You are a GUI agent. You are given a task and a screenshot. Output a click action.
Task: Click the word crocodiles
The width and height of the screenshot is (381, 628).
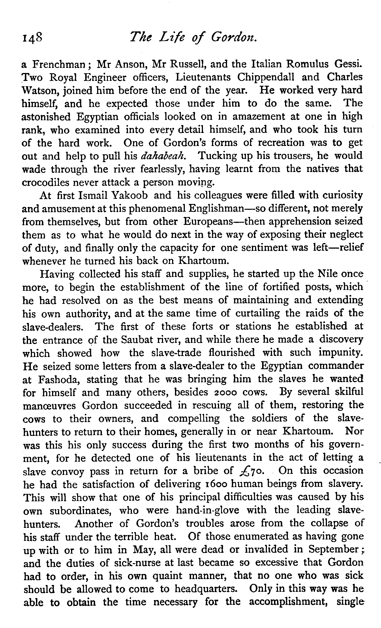click(x=46, y=182)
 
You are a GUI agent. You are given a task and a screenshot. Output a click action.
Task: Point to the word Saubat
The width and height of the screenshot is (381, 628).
click(x=137, y=340)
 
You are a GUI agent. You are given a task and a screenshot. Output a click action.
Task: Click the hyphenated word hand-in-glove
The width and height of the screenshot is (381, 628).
click(x=207, y=510)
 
